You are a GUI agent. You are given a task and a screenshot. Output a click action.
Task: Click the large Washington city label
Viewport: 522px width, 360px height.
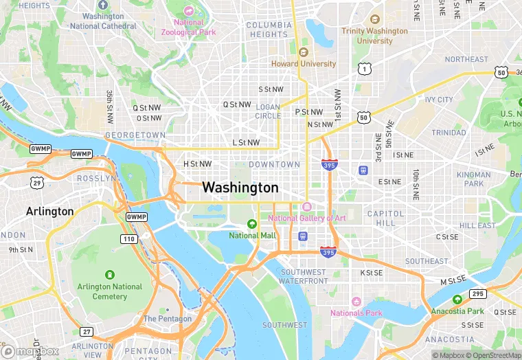pyautogui.click(x=240, y=188)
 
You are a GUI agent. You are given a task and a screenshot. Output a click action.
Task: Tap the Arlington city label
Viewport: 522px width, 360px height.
pyautogui.click(x=49, y=211)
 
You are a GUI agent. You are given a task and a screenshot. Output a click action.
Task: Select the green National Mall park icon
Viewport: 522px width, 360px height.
pyautogui.click(x=251, y=223)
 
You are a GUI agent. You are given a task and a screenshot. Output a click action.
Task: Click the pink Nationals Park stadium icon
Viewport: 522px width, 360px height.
pyautogui.click(x=356, y=302)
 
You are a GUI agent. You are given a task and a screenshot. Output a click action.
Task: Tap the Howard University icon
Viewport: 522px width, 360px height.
pyautogui.click(x=304, y=52)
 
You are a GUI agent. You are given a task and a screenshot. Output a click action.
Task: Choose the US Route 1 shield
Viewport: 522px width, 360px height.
pyautogui.click(x=363, y=68)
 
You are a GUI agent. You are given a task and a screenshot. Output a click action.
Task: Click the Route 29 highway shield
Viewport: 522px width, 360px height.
pyautogui.click(x=37, y=181)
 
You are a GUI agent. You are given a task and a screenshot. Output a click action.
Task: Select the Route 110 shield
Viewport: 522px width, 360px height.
pyautogui.click(x=128, y=238)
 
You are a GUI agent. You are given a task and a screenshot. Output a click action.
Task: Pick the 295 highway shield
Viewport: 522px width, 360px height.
pyautogui.click(x=478, y=294)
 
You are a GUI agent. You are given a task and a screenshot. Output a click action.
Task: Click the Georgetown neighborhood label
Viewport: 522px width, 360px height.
pyautogui.click(x=135, y=135)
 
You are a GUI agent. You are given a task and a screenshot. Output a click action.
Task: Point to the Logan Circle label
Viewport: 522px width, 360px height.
pyautogui.click(x=268, y=111)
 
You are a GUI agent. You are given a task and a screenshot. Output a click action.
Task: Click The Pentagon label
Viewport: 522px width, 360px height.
pyautogui.click(x=168, y=319)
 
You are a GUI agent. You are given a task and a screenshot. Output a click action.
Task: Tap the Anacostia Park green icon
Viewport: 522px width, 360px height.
pyautogui.click(x=457, y=300)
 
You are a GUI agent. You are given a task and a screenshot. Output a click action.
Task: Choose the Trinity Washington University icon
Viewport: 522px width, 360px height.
pyautogui.click(x=374, y=19)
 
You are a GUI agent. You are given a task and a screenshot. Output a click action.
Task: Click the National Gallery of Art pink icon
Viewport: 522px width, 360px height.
pyautogui.click(x=307, y=207)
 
